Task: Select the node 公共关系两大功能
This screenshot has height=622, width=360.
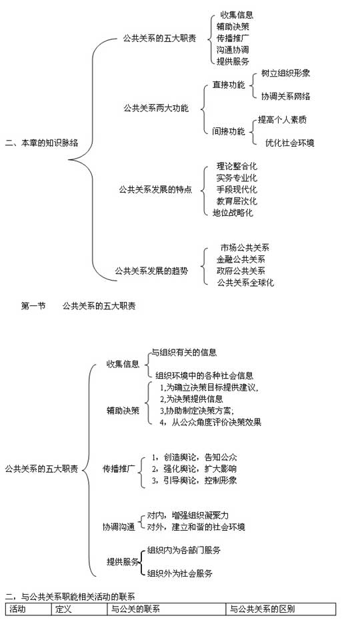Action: pos(156,108)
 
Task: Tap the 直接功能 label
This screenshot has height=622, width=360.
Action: pos(229,85)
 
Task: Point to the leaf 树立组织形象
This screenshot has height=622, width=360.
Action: pos(285,73)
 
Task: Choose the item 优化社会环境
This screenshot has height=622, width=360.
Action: pos(290,143)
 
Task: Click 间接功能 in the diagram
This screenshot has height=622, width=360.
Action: pos(229,131)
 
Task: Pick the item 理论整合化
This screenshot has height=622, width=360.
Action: pos(237,166)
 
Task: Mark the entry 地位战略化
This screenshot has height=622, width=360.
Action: pos(233,213)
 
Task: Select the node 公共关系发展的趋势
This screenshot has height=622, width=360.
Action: pos(151,271)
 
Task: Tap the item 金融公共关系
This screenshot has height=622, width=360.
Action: pos(241,259)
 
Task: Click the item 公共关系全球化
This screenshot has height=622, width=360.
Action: pos(245,283)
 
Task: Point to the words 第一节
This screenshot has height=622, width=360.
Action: pos(33,306)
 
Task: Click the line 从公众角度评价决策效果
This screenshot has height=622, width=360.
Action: pos(217,422)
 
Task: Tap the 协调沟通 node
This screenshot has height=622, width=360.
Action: pos(119,527)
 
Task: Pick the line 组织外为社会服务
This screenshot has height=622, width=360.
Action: pos(180,573)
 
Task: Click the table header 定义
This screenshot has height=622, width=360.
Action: pos(63,609)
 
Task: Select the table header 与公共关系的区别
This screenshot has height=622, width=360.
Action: pos(263,609)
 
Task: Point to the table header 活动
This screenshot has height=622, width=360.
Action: pos(17,609)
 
